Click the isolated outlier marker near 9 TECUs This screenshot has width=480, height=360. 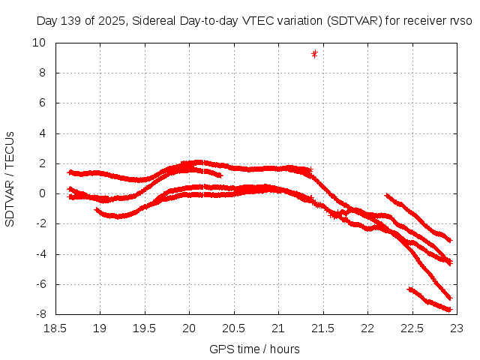pyautogui.click(x=314, y=53)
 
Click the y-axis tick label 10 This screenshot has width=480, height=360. pyautogui.click(x=38, y=43)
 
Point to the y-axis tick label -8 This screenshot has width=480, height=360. pyautogui.click(x=38, y=314)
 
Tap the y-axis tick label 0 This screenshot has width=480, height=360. pyautogui.click(x=43, y=193)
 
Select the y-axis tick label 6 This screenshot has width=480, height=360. pyautogui.click(x=43, y=103)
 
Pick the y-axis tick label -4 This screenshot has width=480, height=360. pyautogui.click(x=38, y=253)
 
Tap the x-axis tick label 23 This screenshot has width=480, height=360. pyautogui.click(x=456, y=328)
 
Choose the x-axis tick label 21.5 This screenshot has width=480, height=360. pyautogui.click(x=322, y=328)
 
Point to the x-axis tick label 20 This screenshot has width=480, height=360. pyautogui.click(x=188, y=328)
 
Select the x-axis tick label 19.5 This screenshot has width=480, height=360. pyautogui.click(x=144, y=328)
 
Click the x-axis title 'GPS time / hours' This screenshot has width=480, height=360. pyautogui.click(x=255, y=349)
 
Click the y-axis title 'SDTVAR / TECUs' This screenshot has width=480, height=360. pyautogui.click(x=10, y=178)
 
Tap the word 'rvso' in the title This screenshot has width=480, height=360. pyautogui.click(x=460, y=21)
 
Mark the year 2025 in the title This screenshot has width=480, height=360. pyautogui.click(x=111, y=21)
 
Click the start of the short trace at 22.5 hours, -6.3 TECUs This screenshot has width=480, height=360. pyautogui.click(x=409, y=289)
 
